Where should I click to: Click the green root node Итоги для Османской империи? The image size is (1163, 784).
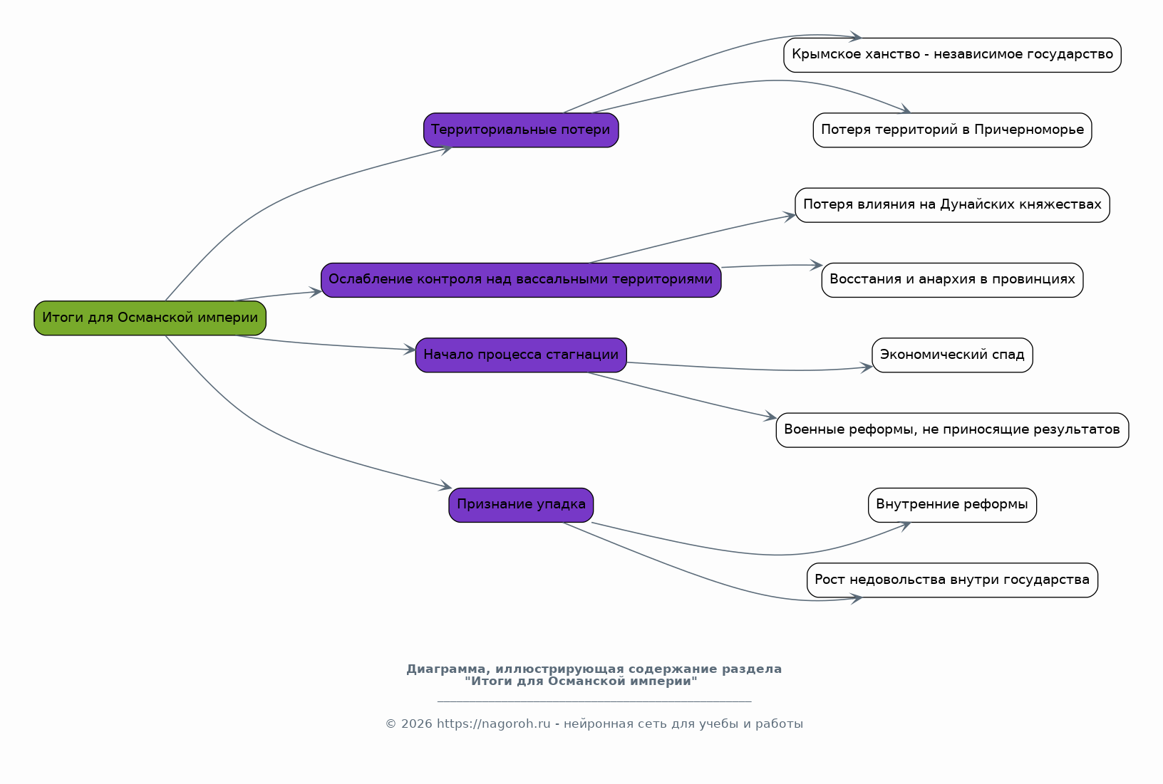click(x=150, y=318)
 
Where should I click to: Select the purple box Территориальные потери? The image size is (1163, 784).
click(x=521, y=130)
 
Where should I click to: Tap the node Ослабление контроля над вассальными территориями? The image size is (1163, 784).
click(x=521, y=280)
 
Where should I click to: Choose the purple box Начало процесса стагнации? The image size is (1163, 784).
click(x=521, y=355)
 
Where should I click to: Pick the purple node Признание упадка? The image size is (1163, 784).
click(x=521, y=506)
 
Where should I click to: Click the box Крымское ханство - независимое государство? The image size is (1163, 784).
click(x=952, y=55)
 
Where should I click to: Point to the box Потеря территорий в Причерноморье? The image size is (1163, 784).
click(x=952, y=130)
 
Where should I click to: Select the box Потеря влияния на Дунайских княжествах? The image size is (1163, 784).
click(x=952, y=206)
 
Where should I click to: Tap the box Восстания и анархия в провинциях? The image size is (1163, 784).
click(x=952, y=280)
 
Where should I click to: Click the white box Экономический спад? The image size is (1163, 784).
click(x=952, y=355)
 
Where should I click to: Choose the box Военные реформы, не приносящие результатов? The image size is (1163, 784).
click(x=952, y=430)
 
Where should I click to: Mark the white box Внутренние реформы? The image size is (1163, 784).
click(x=952, y=506)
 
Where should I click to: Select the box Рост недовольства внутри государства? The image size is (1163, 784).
click(x=952, y=580)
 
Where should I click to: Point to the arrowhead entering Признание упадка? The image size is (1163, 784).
click(x=445, y=486)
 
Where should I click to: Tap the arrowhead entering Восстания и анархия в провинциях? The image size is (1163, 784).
click(x=817, y=266)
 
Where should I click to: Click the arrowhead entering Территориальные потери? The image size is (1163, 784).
click(x=446, y=150)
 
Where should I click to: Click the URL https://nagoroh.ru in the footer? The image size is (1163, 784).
click(x=493, y=723)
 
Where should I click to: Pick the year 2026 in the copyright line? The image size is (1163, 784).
click(x=416, y=723)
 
